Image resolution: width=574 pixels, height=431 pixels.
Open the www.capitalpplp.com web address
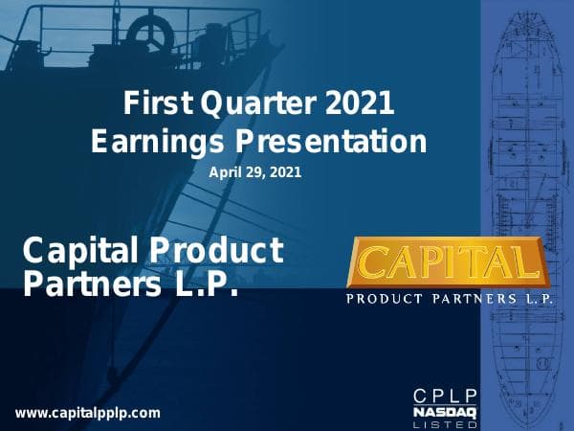[x=88, y=414]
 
